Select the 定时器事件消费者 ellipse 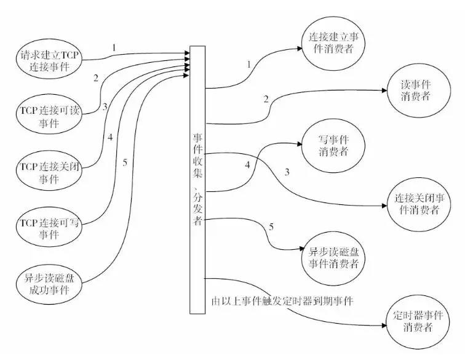tap(418, 319)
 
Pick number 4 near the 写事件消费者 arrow tap(247, 165)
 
